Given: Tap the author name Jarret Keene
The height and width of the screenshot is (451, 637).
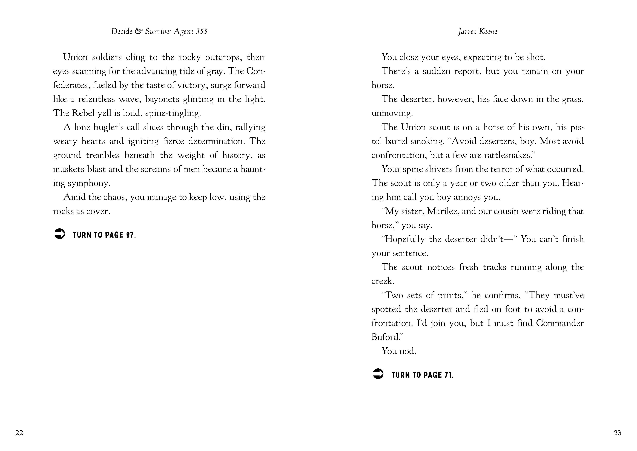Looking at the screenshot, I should (478, 31).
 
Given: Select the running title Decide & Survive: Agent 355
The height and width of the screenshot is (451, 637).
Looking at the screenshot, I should (159, 31).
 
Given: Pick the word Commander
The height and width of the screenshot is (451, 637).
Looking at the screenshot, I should (559, 323).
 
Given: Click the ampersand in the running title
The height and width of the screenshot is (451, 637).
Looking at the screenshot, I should (139, 31).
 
